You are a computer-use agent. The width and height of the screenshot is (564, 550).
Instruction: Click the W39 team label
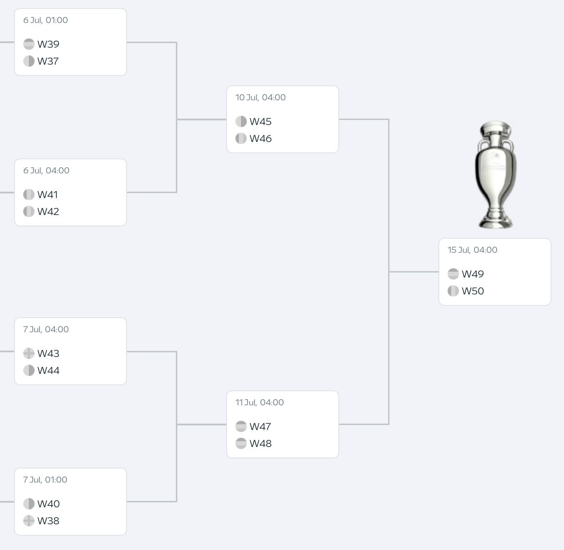coord(48,44)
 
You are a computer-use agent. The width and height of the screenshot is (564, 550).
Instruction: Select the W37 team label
coord(48,61)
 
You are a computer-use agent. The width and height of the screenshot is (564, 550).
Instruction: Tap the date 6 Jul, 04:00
coord(46,171)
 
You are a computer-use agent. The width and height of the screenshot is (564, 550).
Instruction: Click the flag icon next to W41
coord(29,195)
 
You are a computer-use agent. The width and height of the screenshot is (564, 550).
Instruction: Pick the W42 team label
coord(48,211)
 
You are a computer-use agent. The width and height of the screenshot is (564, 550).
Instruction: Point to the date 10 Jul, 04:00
coord(260,97)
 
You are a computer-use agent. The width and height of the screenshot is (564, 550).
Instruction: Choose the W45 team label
coord(260,121)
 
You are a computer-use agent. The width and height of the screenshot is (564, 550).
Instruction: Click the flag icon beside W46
coord(241,138)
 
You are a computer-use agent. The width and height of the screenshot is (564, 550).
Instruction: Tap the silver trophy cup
coord(496,175)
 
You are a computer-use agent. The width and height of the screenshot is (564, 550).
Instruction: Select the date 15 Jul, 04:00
coord(472,250)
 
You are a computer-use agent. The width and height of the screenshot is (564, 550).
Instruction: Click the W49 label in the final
coord(473,274)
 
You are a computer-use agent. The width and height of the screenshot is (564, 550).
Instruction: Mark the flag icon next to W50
coord(453,291)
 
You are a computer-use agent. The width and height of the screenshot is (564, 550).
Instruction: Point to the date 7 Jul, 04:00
coord(46,329)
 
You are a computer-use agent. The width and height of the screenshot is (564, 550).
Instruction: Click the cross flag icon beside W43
coord(29,353)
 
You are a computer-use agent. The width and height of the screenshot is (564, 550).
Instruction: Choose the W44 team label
coord(48,370)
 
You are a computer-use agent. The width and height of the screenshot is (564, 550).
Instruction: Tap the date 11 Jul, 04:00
coord(259,402)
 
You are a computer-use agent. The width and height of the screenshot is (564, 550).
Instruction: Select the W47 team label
coord(260,426)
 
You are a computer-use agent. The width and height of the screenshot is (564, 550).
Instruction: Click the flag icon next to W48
coord(241,443)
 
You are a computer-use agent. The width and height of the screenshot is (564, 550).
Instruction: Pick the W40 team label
coord(48,504)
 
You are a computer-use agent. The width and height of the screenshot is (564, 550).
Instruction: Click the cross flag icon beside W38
coord(29,521)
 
